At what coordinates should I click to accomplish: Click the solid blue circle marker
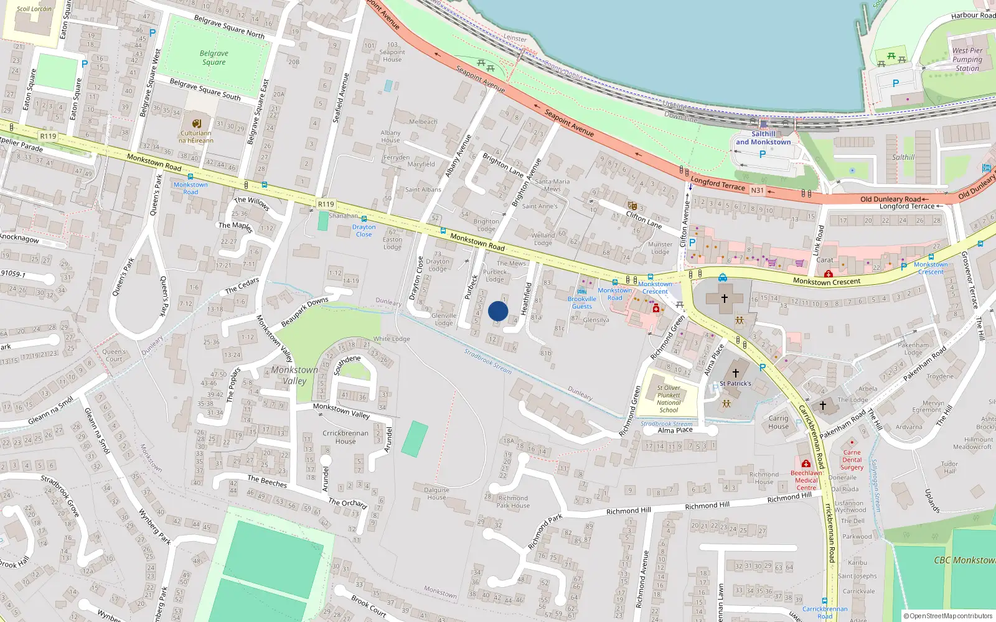(498, 311)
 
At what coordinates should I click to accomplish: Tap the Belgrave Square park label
(214, 58)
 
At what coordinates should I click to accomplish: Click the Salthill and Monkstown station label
(763, 138)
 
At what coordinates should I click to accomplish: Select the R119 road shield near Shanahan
(326, 204)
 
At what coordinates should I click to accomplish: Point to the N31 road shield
(757, 190)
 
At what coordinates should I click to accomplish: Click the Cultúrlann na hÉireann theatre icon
(197, 123)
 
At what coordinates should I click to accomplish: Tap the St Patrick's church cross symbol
(735, 373)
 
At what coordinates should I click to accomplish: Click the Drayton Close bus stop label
(364, 231)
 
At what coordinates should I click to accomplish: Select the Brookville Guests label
(581, 302)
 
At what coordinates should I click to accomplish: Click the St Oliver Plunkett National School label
(669, 399)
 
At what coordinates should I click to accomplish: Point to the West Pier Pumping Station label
(967, 60)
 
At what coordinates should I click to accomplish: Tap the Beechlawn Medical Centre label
(806, 480)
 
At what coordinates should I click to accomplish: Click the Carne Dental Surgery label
(852, 460)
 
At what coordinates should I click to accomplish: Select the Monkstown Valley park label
(294, 375)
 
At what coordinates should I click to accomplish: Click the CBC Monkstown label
(964, 560)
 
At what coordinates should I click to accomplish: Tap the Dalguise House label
(436, 493)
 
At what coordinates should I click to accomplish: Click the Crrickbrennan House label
(345, 437)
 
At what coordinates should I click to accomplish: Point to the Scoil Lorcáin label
(34, 9)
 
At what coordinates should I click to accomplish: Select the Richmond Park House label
(513, 501)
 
